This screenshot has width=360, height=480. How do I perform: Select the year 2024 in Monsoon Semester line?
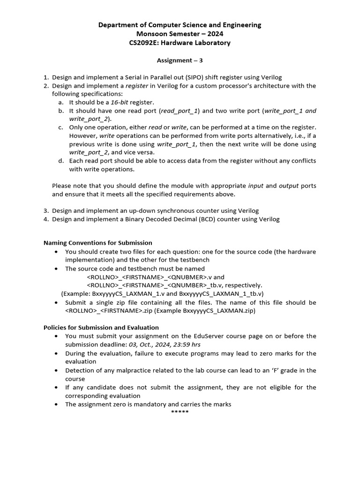[214, 34]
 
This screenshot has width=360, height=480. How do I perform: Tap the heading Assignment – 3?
[180, 60]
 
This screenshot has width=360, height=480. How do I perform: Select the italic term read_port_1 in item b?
[180, 111]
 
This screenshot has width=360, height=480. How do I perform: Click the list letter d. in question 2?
[61, 161]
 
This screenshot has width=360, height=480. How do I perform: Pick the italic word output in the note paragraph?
[289, 186]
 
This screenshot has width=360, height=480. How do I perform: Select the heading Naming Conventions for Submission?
[97, 243]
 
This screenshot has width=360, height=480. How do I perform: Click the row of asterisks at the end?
[180, 412]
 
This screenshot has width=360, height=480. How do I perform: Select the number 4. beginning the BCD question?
[46, 219]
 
